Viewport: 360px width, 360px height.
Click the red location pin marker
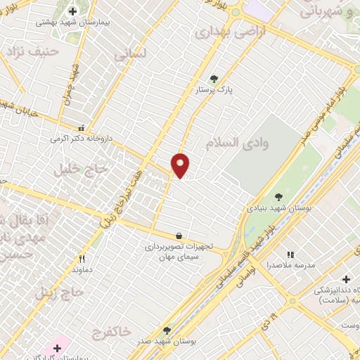pos(181,165)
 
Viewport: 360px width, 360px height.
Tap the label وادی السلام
pos(238,143)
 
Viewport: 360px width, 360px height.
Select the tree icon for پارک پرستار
pos(214,79)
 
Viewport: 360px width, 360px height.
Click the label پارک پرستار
pos(214,91)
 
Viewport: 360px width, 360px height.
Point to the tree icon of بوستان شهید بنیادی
pos(279,197)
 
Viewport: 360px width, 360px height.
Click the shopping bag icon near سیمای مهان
pos(179,236)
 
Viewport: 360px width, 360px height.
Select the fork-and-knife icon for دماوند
pos(82,259)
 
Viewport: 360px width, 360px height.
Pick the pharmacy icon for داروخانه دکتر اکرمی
pos(82,128)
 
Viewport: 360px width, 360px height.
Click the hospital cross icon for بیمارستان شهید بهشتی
pos(73,11)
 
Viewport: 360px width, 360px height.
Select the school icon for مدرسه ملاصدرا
pos(290,255)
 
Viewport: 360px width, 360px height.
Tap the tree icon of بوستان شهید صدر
pos(167,329)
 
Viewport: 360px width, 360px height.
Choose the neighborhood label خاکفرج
pos(111,331)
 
